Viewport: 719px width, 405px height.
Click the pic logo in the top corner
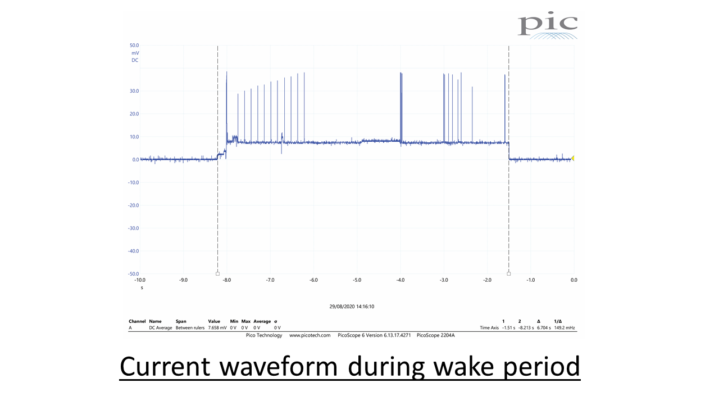coord(547,26)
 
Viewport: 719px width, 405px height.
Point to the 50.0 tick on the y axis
coord(134,46)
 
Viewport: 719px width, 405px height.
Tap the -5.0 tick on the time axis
coord(357,280)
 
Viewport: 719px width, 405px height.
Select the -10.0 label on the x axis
coord(139,280)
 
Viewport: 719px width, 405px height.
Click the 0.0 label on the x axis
coord(574,280)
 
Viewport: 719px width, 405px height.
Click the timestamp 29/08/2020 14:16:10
coord(352,307)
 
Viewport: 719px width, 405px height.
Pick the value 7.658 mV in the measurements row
coord(217,328)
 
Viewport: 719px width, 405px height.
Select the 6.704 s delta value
coord(543,328)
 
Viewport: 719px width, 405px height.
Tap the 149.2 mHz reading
coord(564,328)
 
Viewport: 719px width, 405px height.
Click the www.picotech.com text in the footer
coord(310,335)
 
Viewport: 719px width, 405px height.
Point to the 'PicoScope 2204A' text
coord(435,335)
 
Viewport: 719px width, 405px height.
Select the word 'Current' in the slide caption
coord(166,367)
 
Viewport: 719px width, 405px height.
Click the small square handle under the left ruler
coord(217,274)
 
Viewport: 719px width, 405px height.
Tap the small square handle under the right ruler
coord(509,274)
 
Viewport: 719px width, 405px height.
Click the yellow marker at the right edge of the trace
coord(572,159)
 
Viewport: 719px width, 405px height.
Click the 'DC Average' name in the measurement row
coord(161,328)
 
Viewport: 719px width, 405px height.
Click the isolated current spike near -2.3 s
coord(472,112)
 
